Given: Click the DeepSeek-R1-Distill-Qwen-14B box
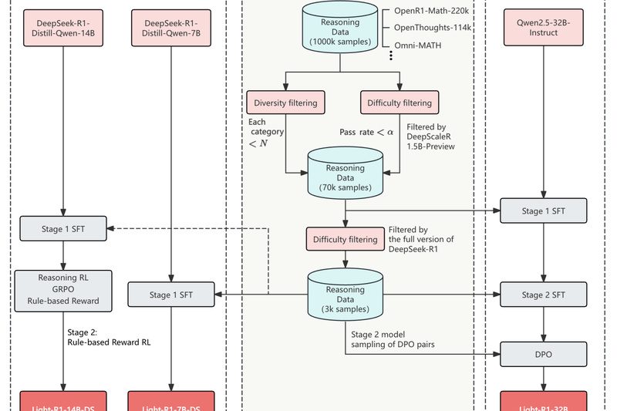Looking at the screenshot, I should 62,29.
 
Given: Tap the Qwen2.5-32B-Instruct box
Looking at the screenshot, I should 545,29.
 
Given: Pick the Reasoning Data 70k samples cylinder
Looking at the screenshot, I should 344,171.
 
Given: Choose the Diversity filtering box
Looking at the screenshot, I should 285,102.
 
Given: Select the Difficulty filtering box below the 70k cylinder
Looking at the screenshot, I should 344,240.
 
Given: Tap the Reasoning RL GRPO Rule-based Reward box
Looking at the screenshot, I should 62,290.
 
